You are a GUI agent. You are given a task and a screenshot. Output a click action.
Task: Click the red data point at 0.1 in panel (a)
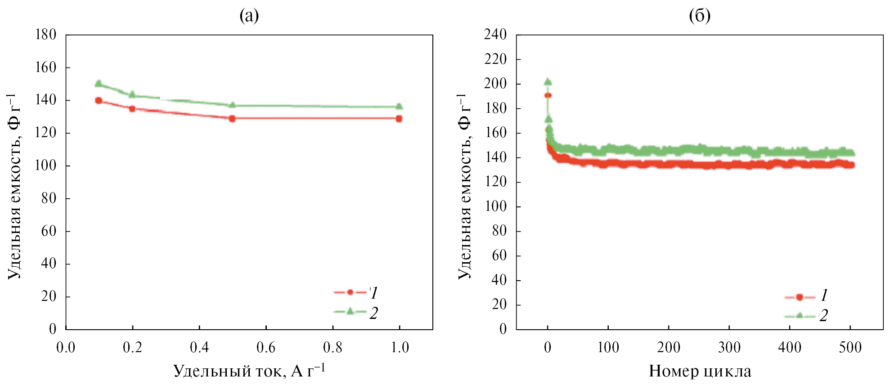[99, 101]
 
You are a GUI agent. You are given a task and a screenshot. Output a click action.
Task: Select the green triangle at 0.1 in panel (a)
[99, 84]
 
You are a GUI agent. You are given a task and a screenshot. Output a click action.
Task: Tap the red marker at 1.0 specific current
[399, 119]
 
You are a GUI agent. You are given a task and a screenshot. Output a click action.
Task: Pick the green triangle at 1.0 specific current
[399, 107]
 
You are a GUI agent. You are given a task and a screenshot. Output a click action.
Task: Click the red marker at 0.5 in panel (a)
[232, 119]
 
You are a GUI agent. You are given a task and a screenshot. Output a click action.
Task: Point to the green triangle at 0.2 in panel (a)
[132, 94]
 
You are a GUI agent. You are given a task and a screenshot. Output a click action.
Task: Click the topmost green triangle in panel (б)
[548, 82]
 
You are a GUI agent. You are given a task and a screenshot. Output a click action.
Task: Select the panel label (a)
[249, 16]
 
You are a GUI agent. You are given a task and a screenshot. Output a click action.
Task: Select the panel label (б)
[700, 16]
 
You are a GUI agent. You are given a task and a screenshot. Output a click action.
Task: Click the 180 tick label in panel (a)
[45, 35]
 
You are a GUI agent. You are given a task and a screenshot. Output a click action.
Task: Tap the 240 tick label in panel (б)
[495, 35]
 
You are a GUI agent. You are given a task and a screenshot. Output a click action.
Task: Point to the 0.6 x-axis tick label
[266, 348]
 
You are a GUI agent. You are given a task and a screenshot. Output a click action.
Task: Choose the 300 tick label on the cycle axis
[729, 348]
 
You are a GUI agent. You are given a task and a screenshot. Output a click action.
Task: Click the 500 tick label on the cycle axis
[850, 348]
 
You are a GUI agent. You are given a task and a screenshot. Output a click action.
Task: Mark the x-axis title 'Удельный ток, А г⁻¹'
[249, 371]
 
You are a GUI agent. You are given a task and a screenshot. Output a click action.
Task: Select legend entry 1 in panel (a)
[355, 293]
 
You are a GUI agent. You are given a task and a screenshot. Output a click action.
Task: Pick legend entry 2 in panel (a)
[355, 312]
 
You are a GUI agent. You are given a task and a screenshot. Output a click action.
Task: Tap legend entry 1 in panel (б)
[805, 296]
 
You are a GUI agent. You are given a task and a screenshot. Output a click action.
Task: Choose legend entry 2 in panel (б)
[805, 316]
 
